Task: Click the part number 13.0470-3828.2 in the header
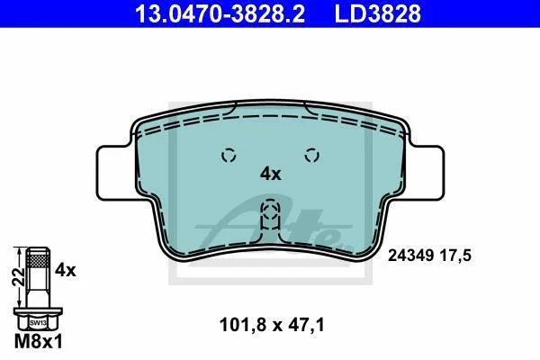220,13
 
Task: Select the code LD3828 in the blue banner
378,13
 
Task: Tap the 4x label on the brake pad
271,174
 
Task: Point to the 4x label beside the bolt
66,270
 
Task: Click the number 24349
411,256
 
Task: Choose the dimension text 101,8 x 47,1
272,325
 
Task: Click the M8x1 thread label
39,342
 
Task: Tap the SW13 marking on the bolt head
38,323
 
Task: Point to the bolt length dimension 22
18,276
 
